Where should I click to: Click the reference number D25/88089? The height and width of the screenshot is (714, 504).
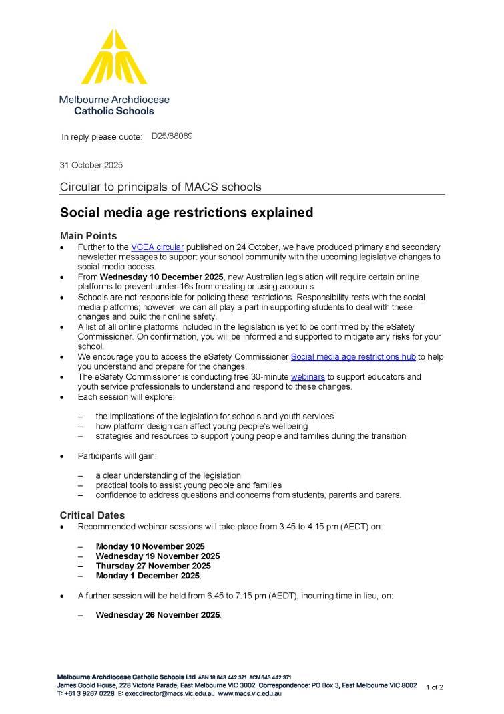coord(172,136)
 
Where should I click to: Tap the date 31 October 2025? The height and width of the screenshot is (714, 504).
coord(91,165)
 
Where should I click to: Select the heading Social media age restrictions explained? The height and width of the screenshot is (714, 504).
coord(186,213)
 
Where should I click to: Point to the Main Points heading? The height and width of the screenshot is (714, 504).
coord(88,236)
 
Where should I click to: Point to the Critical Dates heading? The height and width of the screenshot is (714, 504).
coord(92,515)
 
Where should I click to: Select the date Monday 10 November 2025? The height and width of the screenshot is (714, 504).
coord(150,546)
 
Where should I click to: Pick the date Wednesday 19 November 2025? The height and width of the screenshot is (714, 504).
coord(158,556)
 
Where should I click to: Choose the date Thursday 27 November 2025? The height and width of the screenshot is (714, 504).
coord(153,566)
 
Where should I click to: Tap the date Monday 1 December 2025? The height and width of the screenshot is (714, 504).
coord(148,576)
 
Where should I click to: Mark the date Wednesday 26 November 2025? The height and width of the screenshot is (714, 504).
coord(158,615)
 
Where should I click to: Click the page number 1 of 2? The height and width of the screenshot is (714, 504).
coord(434,687)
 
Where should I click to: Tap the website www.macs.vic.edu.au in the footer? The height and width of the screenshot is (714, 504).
coord(250,694)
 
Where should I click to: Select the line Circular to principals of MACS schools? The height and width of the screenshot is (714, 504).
coord(161,187)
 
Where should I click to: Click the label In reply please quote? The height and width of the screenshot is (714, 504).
coord(102,137)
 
